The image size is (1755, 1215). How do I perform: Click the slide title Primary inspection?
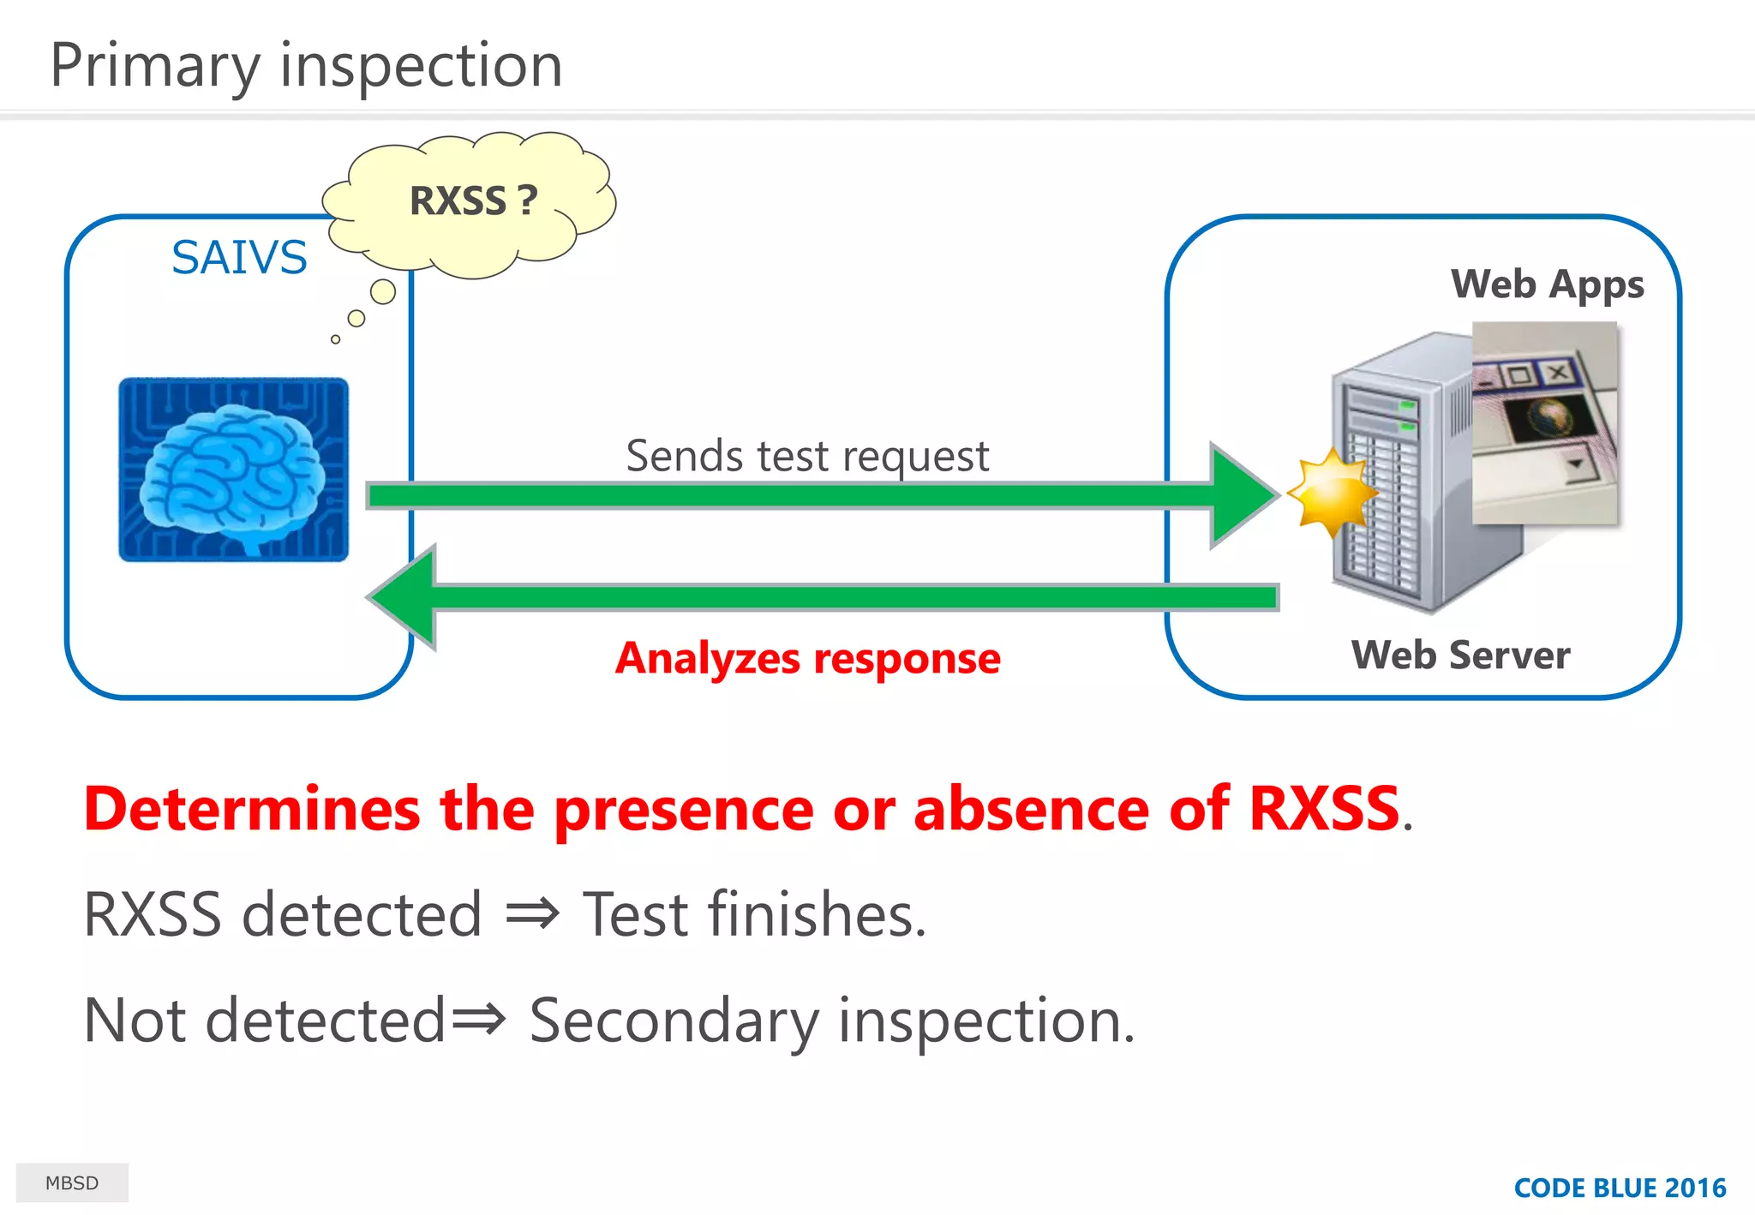306,66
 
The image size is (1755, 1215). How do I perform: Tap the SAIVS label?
239,257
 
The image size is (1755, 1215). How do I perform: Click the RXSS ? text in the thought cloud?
473,201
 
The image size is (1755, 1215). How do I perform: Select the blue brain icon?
233,470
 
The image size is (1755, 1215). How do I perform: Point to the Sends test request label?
806,455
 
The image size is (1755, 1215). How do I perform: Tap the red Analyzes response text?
807,658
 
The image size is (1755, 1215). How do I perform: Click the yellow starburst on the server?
1331,493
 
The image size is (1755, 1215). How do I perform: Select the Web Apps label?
1547,284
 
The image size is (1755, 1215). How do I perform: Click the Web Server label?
1460,655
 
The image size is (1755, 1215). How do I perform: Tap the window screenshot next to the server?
1544,423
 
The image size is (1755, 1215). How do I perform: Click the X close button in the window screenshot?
1558,372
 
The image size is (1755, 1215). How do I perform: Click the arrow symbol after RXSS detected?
532,915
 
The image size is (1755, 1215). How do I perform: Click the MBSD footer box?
72,1182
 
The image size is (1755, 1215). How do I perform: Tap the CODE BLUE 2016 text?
1620,1188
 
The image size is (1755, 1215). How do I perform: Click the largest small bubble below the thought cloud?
383,292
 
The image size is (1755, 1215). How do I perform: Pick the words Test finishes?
754,915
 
